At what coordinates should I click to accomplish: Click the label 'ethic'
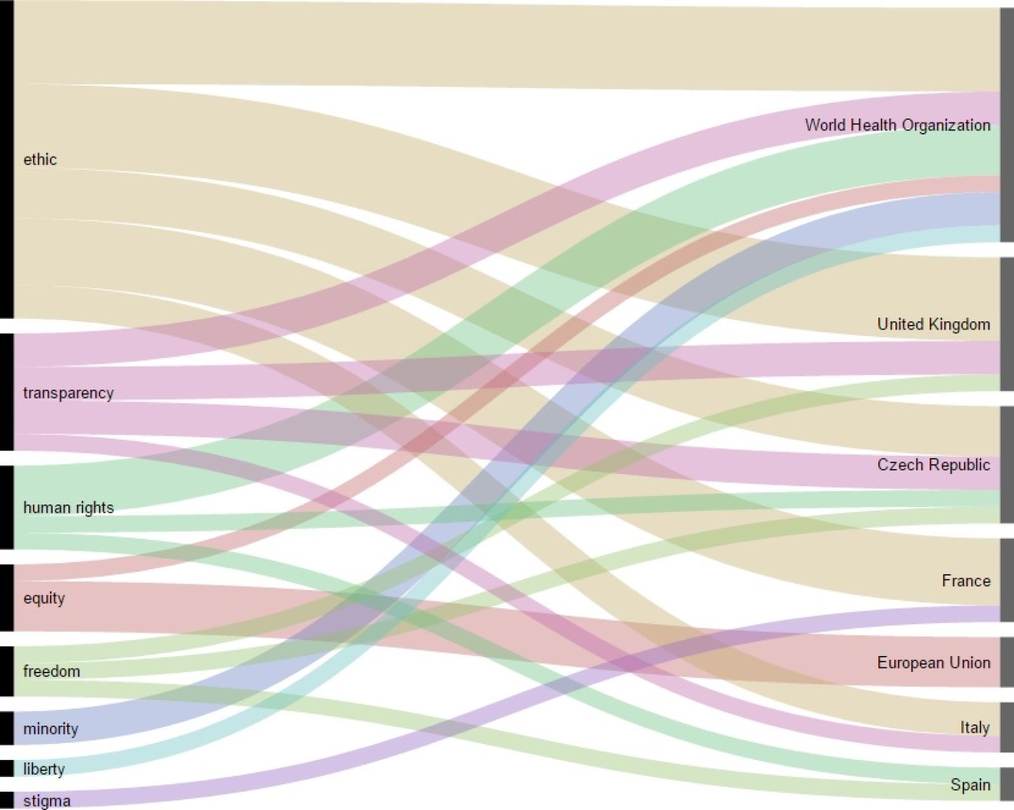40,159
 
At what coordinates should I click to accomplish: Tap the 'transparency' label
68,393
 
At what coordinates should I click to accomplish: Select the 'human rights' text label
68,508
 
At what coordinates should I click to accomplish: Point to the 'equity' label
44,598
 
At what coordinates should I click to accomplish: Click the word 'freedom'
51,671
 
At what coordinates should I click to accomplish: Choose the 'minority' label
51,729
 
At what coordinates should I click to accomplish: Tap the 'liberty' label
44,769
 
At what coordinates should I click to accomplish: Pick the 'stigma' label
46,801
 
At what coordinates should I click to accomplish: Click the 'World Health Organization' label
897,125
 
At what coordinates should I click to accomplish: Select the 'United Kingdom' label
934,325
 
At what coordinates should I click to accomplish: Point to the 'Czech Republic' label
934,465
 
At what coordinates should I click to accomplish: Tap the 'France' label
966,581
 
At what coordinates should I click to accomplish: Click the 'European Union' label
934,663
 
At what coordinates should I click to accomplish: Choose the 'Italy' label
975,728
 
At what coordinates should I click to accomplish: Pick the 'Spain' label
970,785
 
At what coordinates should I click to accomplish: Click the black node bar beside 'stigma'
6,800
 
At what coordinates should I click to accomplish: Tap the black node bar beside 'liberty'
6,768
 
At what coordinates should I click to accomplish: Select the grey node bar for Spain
1006,784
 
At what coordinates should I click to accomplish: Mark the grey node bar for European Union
1006,662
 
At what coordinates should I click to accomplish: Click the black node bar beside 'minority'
6,728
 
